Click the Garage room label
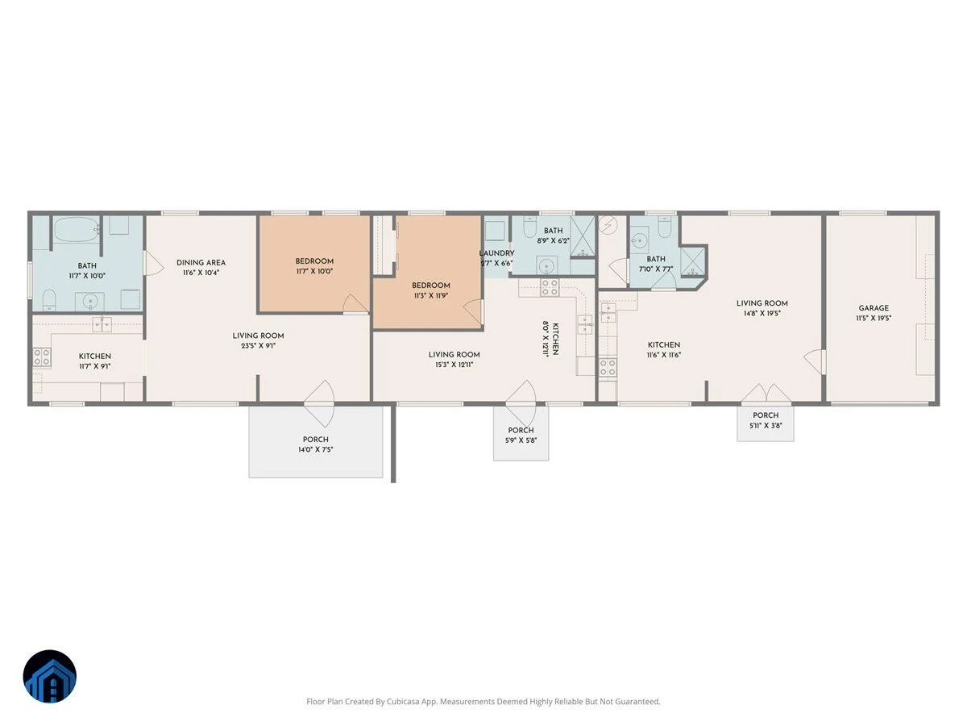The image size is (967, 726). [x=874, y=308]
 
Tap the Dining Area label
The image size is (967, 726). [x=201, y=263]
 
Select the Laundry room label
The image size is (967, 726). [x=496, y=253]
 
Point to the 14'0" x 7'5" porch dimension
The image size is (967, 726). [x=315, y=449]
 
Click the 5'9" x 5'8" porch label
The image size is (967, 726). [x=521, y=430]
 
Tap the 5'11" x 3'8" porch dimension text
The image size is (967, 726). [x=766, y=426]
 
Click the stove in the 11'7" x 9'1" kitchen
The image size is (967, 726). [x=42, y=357]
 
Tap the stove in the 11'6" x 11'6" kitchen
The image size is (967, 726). [x=608, y=368]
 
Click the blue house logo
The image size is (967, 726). [x=50, y=676]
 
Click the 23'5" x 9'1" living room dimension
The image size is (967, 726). [x=258, y=346]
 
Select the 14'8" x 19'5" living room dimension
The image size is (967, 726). [x=762, y=314]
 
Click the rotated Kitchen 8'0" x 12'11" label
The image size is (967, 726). [x=550, y=339]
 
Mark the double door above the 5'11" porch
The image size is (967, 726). [x=766, y=393]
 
